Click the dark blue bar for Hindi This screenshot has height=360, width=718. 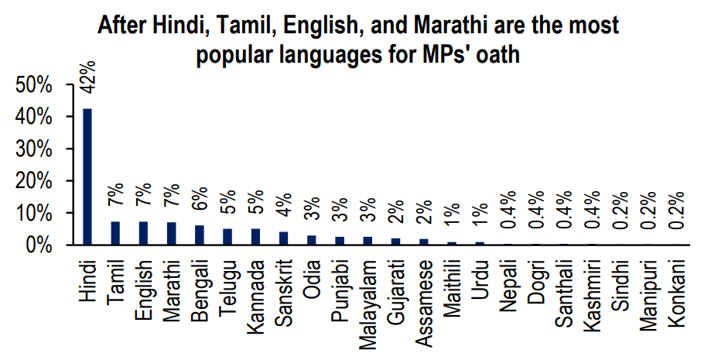pos(87,177)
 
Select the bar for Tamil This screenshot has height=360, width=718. pos(115,233)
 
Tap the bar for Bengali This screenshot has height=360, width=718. pos(199,235)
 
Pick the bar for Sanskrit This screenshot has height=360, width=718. pos(283,238)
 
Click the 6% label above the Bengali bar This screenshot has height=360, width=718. pos(200,199)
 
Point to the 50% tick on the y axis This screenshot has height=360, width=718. pos(33,85)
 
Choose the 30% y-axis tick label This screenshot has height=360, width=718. pos(33,149)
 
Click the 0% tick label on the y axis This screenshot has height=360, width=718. pos(39,245)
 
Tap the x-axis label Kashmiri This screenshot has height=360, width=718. pos(592,294)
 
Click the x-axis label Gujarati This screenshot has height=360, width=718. pos(395,291)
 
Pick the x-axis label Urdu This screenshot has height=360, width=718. pos(480,276)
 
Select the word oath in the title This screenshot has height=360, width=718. pos(501,55)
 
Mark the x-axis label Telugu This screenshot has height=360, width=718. pos(227,286)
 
